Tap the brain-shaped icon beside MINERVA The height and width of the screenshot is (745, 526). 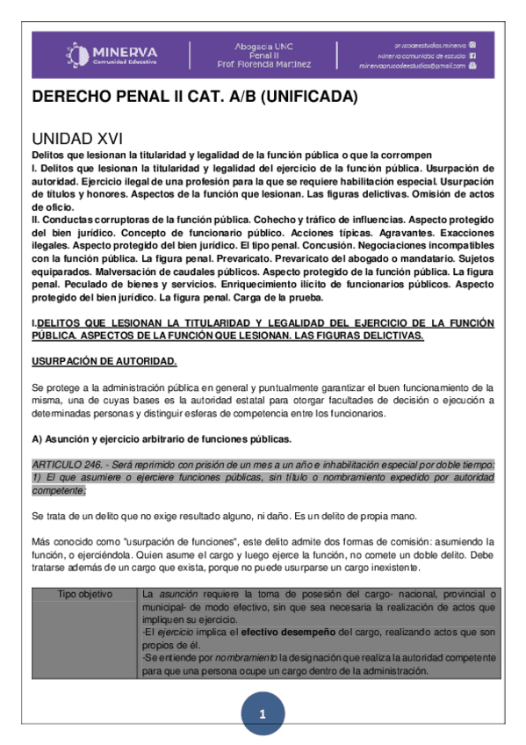tap(77, 54)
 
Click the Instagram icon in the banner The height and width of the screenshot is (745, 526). tap(473, 43)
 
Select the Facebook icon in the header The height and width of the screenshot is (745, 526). tap(472, 54)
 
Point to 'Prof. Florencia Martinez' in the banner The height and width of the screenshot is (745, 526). tap(263, 64)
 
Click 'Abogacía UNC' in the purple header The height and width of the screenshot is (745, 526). tap(263, 45)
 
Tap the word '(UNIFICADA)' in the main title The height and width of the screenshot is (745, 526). tap(313, 98)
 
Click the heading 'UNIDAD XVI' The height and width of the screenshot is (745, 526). tap(77, 139)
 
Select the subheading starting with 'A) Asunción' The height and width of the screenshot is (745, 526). tap(160, 438)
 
